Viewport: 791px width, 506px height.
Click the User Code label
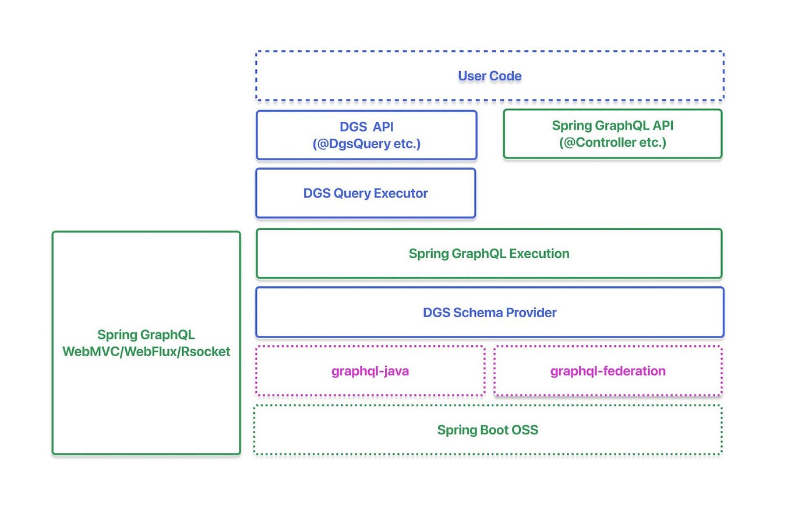coord(489,76)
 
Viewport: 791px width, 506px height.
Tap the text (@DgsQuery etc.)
coord(366,143)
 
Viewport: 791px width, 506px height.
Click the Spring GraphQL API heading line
coord(612,125)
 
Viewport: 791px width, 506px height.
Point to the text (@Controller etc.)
coord(612,142)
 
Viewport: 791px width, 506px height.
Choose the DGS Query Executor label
coord(365,194)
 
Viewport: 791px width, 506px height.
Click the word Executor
coord(401,194)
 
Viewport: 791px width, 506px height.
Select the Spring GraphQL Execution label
coord(489,254)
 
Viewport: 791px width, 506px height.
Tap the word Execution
coord(539,254)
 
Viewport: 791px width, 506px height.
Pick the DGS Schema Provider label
coord(489,312)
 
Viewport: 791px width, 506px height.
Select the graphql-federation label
coord(608,371)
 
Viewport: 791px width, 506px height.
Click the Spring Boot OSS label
coord(488,430)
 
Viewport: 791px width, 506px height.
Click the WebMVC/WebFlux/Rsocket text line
coord(146,352)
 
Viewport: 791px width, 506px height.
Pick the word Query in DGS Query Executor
coord(352,194)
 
